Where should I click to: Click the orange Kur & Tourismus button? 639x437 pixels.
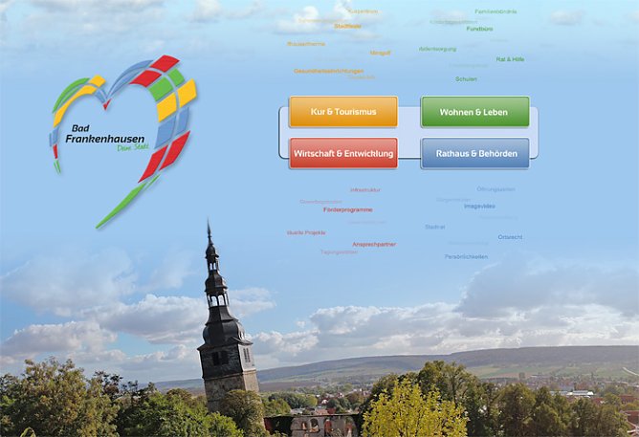342,112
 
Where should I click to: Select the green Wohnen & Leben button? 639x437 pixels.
474,112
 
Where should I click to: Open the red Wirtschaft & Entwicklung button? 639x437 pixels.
342,153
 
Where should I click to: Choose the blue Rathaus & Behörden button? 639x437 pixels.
474,153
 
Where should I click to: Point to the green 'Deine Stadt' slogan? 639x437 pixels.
131,147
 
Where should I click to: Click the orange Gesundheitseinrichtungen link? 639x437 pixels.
328,71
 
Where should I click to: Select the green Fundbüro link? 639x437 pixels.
479,29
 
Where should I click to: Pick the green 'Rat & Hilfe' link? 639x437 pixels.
510,59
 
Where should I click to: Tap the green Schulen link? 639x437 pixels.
466,78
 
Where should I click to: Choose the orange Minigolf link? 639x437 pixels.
380,53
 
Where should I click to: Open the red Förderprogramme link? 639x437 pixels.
347,209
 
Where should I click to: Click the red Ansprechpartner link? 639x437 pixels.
373,244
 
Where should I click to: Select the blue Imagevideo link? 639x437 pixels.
479,206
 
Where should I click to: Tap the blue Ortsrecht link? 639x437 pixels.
510,237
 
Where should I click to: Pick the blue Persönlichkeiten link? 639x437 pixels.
466,256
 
